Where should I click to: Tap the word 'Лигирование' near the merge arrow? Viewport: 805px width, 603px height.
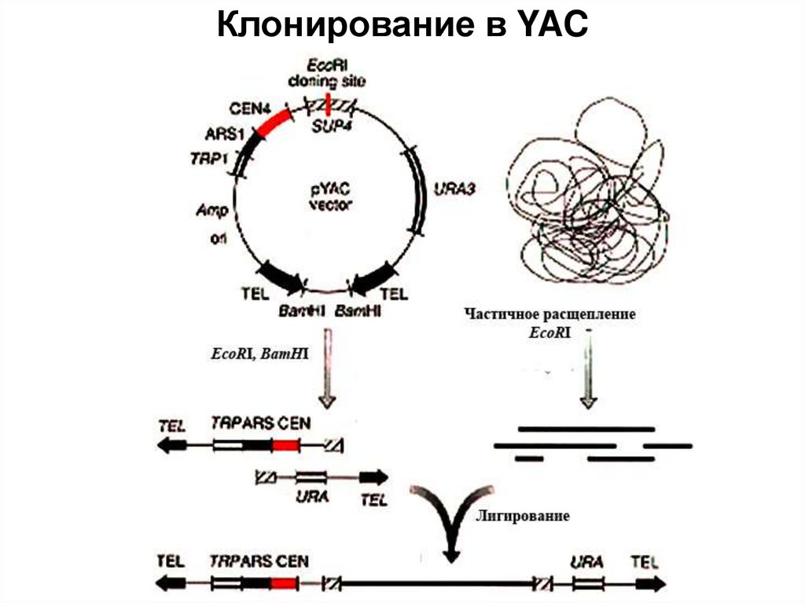pos(522,517)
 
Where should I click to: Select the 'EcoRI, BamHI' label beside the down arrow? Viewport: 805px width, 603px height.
pos(259,355)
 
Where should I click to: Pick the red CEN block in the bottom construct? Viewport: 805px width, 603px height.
pos(285,584)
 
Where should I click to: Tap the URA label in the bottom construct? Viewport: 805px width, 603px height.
pos(587,562)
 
